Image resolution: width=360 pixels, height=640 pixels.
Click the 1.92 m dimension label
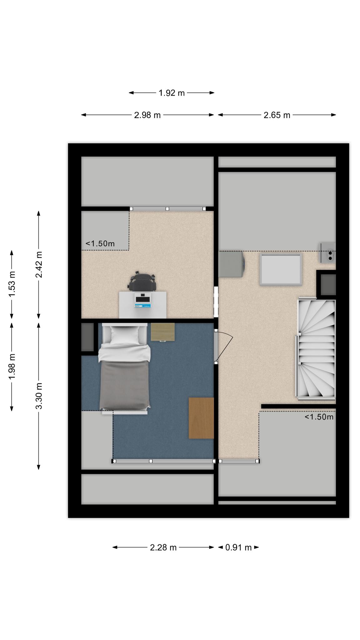(172, 93)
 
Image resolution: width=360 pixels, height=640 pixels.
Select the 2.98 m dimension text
(147, 115)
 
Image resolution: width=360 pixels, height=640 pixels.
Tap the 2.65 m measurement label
(277, 115)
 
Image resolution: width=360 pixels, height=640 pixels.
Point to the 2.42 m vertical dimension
(39, 264)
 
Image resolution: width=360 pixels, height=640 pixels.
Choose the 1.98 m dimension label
(12, 367)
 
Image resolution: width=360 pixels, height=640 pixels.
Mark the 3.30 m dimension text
(39, 396)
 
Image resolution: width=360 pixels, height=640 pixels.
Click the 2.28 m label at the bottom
(163, 547)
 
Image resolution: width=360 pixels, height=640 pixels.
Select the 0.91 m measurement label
(238, 547)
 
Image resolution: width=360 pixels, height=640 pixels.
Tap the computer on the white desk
(143, 300)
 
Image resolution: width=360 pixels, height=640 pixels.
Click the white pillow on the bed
(124, 335)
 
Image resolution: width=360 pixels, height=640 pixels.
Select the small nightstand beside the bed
(163, 332)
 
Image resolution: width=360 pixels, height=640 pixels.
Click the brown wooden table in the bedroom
(201, 418)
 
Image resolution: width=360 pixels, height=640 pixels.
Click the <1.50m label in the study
(100, 244)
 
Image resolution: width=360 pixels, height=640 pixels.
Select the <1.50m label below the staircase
(319, 417)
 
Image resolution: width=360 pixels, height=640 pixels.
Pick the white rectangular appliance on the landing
(281, 269)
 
